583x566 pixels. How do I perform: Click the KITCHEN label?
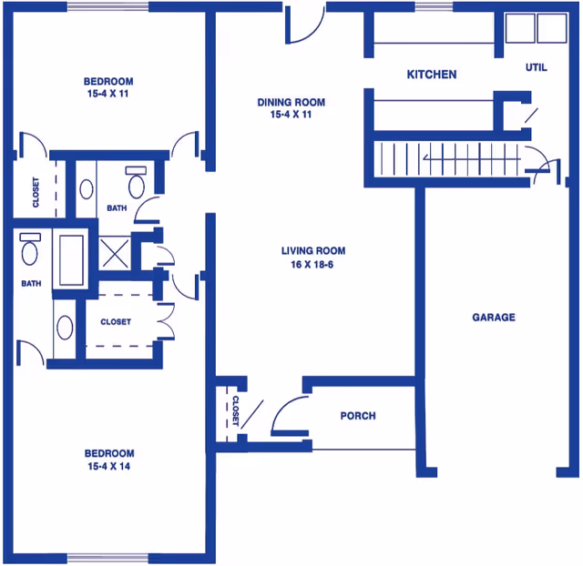(432, 75)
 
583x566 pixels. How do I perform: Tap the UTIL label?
(537, 67)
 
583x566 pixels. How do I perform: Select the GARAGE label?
(494, 318)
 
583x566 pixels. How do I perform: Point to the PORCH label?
(358, 416)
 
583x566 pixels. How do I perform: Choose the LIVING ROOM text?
(313, 251)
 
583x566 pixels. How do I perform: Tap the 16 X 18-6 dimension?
(313, 265)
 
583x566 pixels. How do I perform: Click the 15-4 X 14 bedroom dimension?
(109, 467)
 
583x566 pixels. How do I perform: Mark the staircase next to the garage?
(446, 159)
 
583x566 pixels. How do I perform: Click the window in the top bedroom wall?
(107, 7)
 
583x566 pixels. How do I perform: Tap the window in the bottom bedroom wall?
(106, 557)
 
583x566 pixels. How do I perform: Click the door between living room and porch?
(290, 418)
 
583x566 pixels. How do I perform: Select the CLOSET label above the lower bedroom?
(116, 322)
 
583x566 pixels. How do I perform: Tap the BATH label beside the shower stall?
(117, 208)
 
